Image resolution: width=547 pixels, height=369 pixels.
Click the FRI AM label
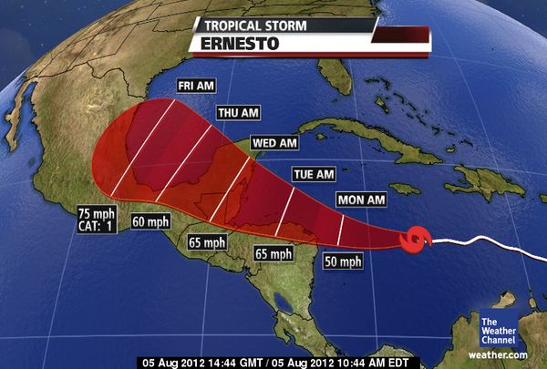[196, 85]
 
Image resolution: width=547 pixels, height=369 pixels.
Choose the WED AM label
[275, 143]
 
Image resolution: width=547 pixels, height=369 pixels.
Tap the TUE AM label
[313, 173]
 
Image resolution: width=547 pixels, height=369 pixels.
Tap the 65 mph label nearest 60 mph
[206, 242]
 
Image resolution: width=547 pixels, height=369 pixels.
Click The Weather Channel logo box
[499, 329]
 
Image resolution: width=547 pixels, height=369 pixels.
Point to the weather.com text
[499, 354]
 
